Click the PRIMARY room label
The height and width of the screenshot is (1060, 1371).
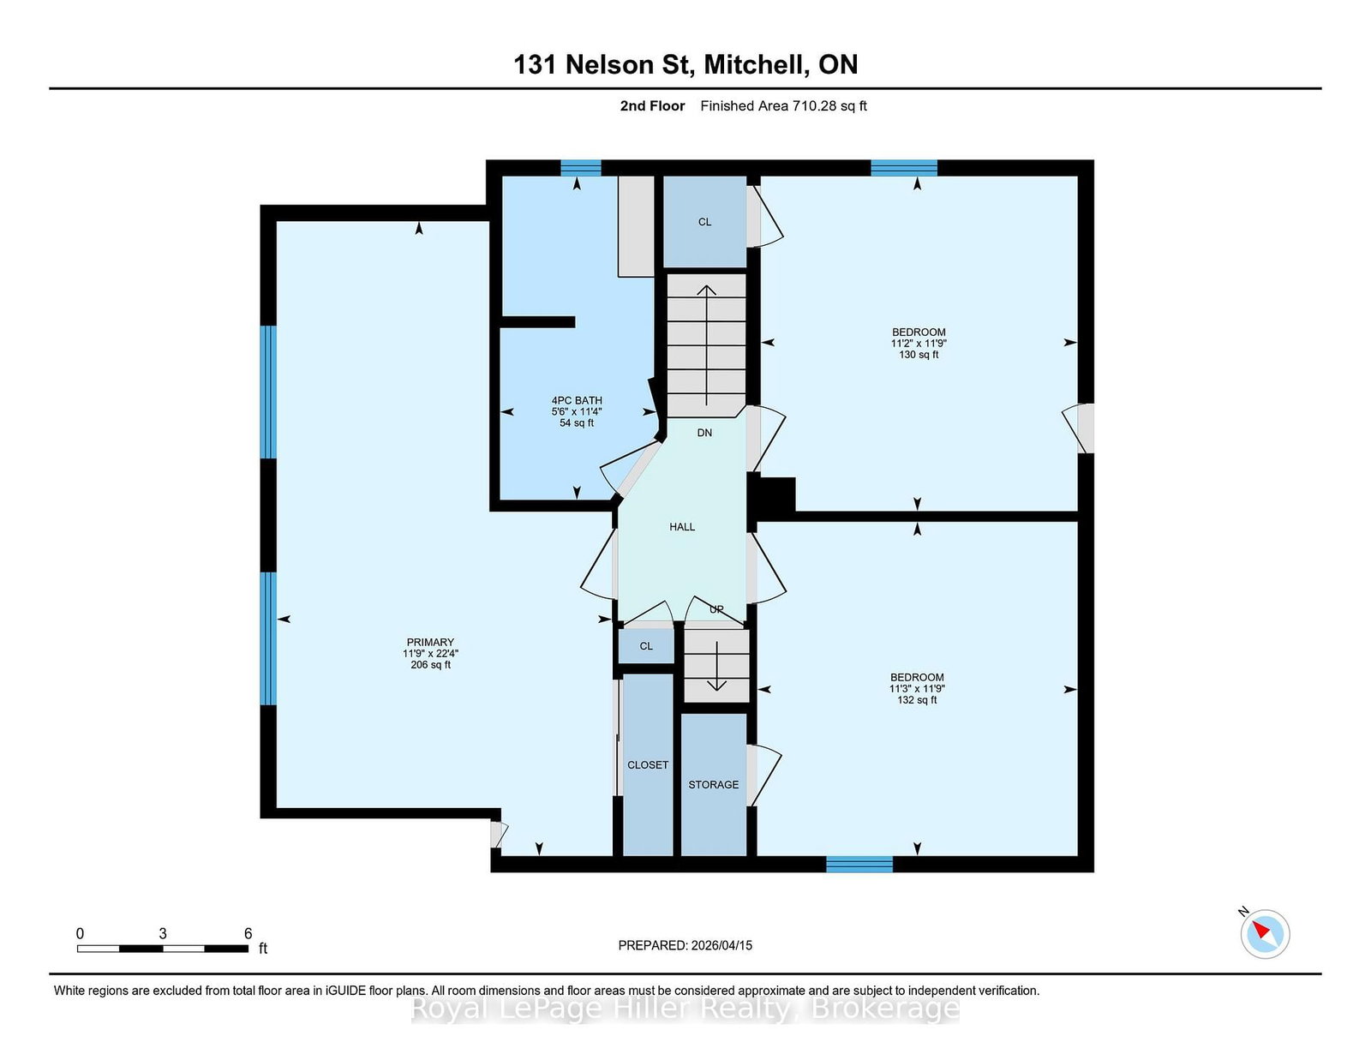(x=430, y=643)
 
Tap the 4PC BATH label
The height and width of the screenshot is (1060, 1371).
(x=577, y=400)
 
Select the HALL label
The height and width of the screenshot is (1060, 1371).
(x=682, y=527)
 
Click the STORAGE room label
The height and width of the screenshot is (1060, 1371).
(x=713, y=784)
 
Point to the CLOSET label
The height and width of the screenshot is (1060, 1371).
(x=647, y=764)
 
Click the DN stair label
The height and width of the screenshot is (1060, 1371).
(x=704, y=433)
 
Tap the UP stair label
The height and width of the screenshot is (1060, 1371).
(x=716, y=609)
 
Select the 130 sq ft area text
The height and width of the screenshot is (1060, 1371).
(x=919, y=355)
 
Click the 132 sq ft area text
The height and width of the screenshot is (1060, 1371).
(x=917, y=700)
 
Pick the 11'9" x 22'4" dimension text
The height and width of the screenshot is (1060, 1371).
(x=430, y=654)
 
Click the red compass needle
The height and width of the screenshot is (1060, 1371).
(x=1260, y=930)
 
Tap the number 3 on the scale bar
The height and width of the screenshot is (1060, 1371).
(x=163, y=934)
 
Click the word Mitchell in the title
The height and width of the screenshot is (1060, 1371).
(x=757, y=64)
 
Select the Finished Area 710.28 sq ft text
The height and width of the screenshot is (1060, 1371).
(x=783, y=106)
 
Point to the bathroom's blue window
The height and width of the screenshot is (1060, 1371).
(x=580, y=168)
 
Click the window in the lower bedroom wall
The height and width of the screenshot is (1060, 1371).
(x=859, y=864)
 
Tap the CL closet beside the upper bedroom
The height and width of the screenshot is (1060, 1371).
(x=704, y=221)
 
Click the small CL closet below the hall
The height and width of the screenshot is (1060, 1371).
(x=646, y=646)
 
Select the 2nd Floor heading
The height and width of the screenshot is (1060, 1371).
(x=652, y=106)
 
